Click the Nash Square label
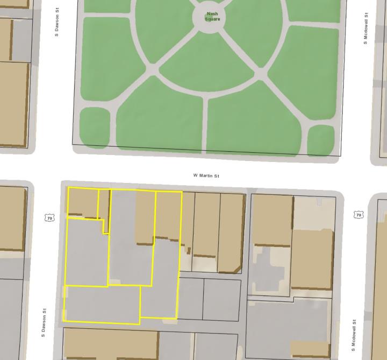click(x=212, y=17)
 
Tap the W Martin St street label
click(x=206, y=175)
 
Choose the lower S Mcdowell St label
click(x=355, y=335)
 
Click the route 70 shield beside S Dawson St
click(x=49, y=218)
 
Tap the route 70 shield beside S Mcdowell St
click(x=359, y=215)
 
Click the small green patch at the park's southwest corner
click(x=95, y=125)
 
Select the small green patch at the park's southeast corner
click(x=320, y=140)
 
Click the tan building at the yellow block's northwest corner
click(x=82, y=202)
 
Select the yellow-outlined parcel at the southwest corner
click(x=102, y=304)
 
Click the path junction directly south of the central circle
click(x=206, y=100)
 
